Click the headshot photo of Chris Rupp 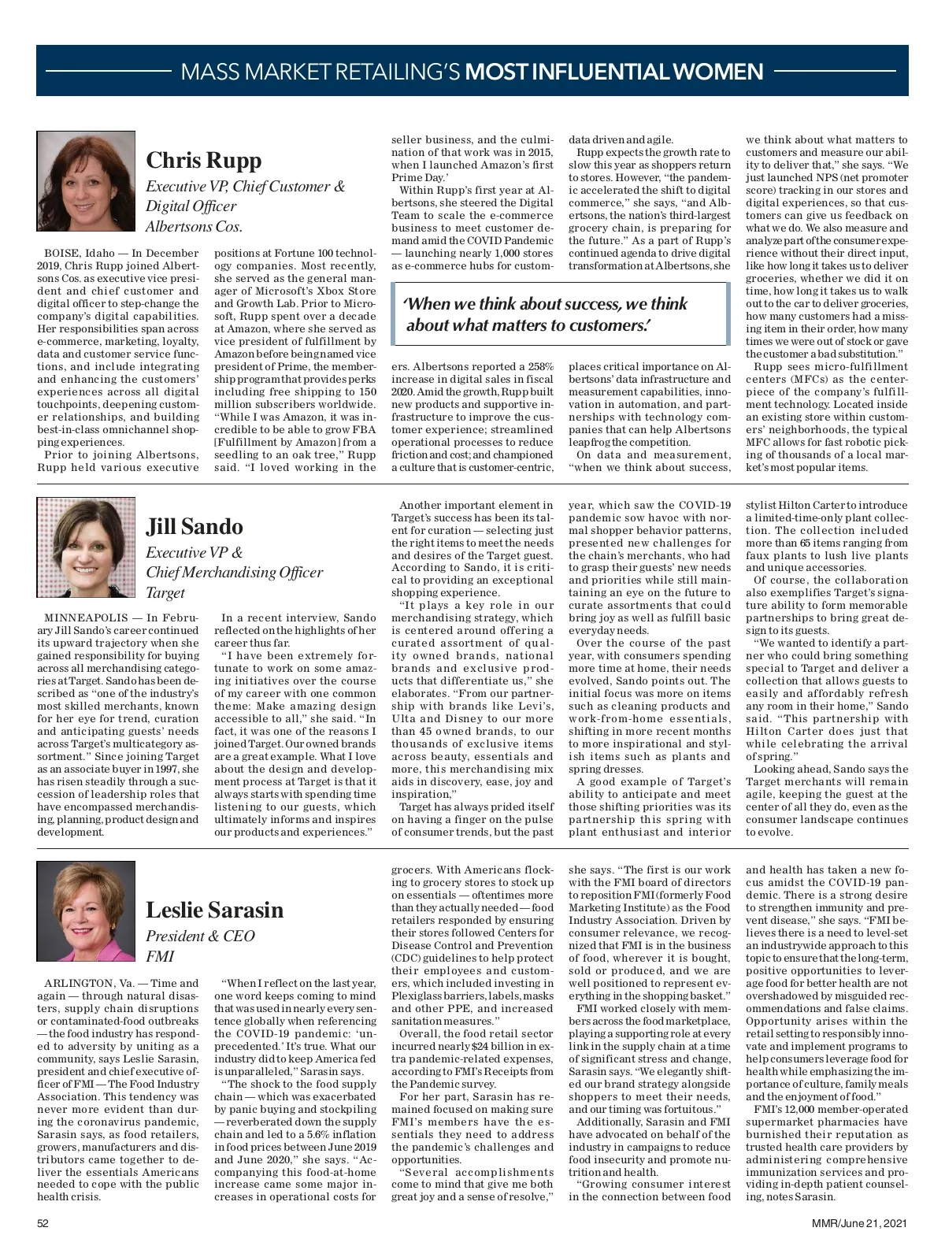point(86,180)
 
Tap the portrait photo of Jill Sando point(86,547)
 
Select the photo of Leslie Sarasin point(86,910)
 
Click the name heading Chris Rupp point(203,160)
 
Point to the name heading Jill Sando point(195,526)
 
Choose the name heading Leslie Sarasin point(214,910)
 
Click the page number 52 point(43,1223)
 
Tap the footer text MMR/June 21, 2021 point(860,1223)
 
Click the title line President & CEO point(200,936)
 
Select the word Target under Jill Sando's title point(165,592)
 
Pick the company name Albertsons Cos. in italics point(194,227)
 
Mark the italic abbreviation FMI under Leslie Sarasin point(160,956)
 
